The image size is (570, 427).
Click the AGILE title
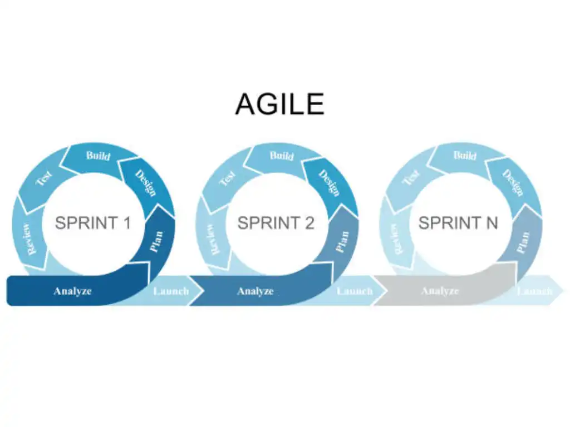click(279, 104)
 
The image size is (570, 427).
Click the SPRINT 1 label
click(93, 223)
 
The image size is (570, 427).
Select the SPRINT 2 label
click(276, 223)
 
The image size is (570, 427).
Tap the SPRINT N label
click(458, 223)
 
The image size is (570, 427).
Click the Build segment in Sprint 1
click(97, 156)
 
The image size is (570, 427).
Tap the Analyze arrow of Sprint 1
click(72, 291)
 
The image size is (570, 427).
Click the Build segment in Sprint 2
click(281, 156)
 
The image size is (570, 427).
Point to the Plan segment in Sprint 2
click(341, 241)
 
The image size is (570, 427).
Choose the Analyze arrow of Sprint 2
click(255, 291)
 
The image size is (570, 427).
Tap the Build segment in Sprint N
click(464, 156)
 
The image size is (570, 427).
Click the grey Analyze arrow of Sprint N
click(440, 291)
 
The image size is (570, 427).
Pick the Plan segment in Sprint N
click(523, 241)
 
